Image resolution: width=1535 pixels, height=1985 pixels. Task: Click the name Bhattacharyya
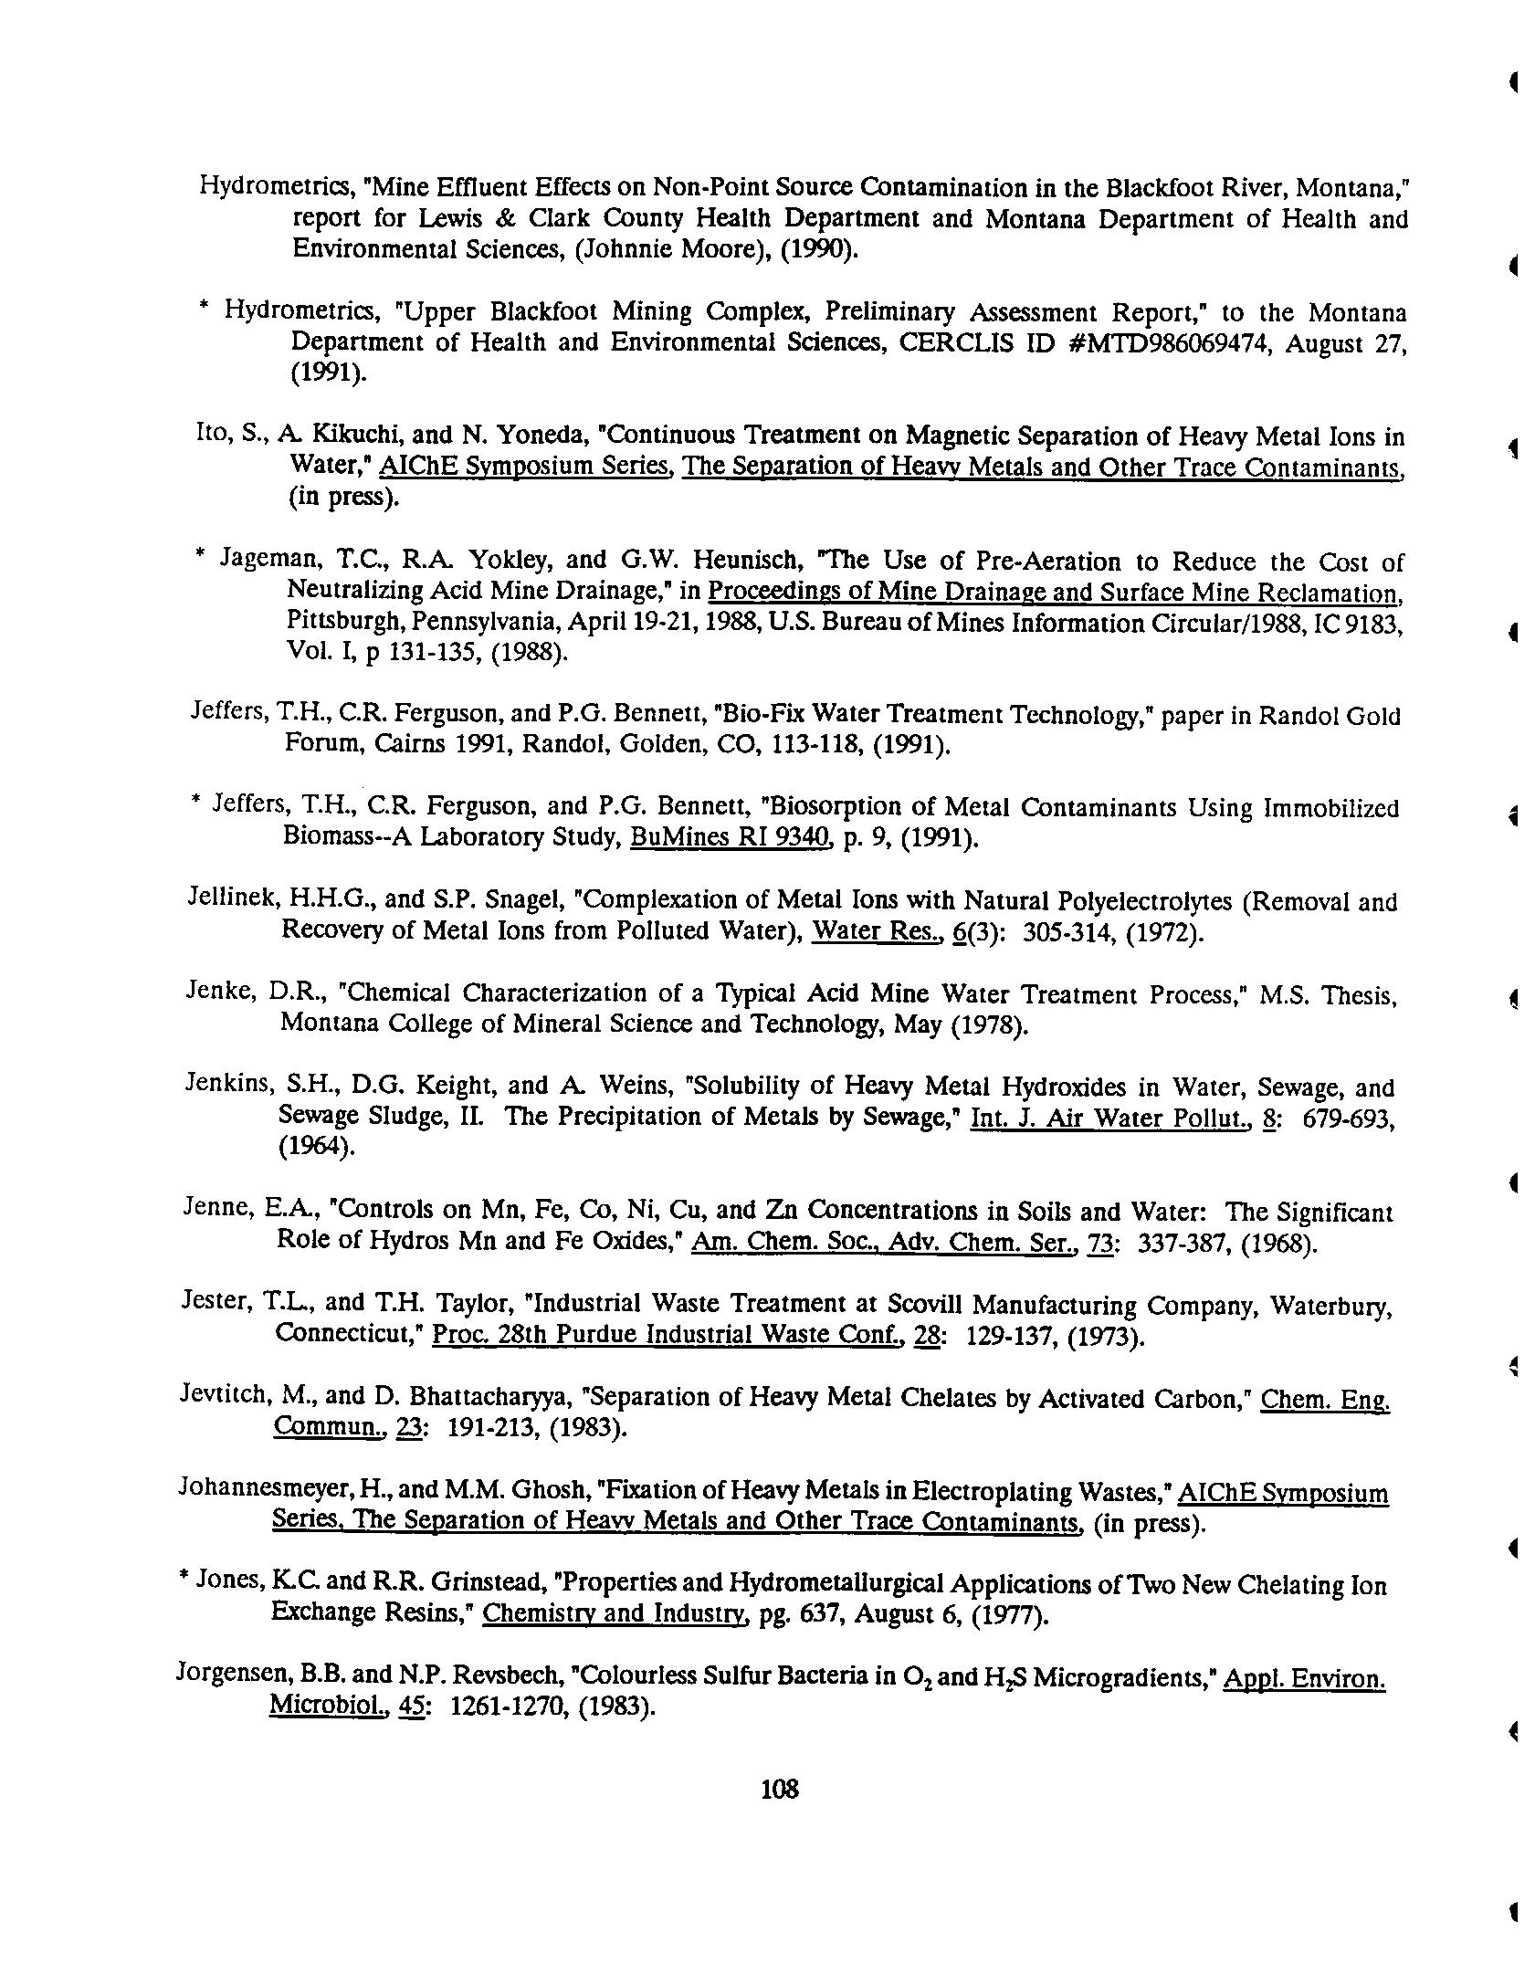tap(483, 1396)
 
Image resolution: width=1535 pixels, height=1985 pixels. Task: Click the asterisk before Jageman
tap(201, 556)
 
